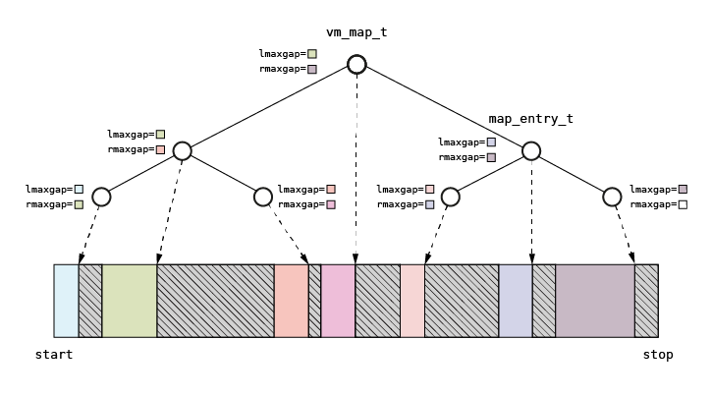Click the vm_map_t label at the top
356,32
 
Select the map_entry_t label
530,119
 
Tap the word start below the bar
53,354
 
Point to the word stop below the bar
658,354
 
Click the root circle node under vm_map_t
356,65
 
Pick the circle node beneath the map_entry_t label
531,150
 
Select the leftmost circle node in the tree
101,198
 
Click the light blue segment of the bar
66,301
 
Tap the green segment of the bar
129,301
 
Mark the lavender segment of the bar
516,301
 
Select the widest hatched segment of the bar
215,301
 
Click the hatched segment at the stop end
646,301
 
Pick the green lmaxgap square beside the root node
312,54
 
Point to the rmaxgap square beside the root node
312,70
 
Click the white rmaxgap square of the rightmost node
683,204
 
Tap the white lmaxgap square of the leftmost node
80,189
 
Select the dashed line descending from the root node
356,167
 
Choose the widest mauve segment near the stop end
595,301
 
